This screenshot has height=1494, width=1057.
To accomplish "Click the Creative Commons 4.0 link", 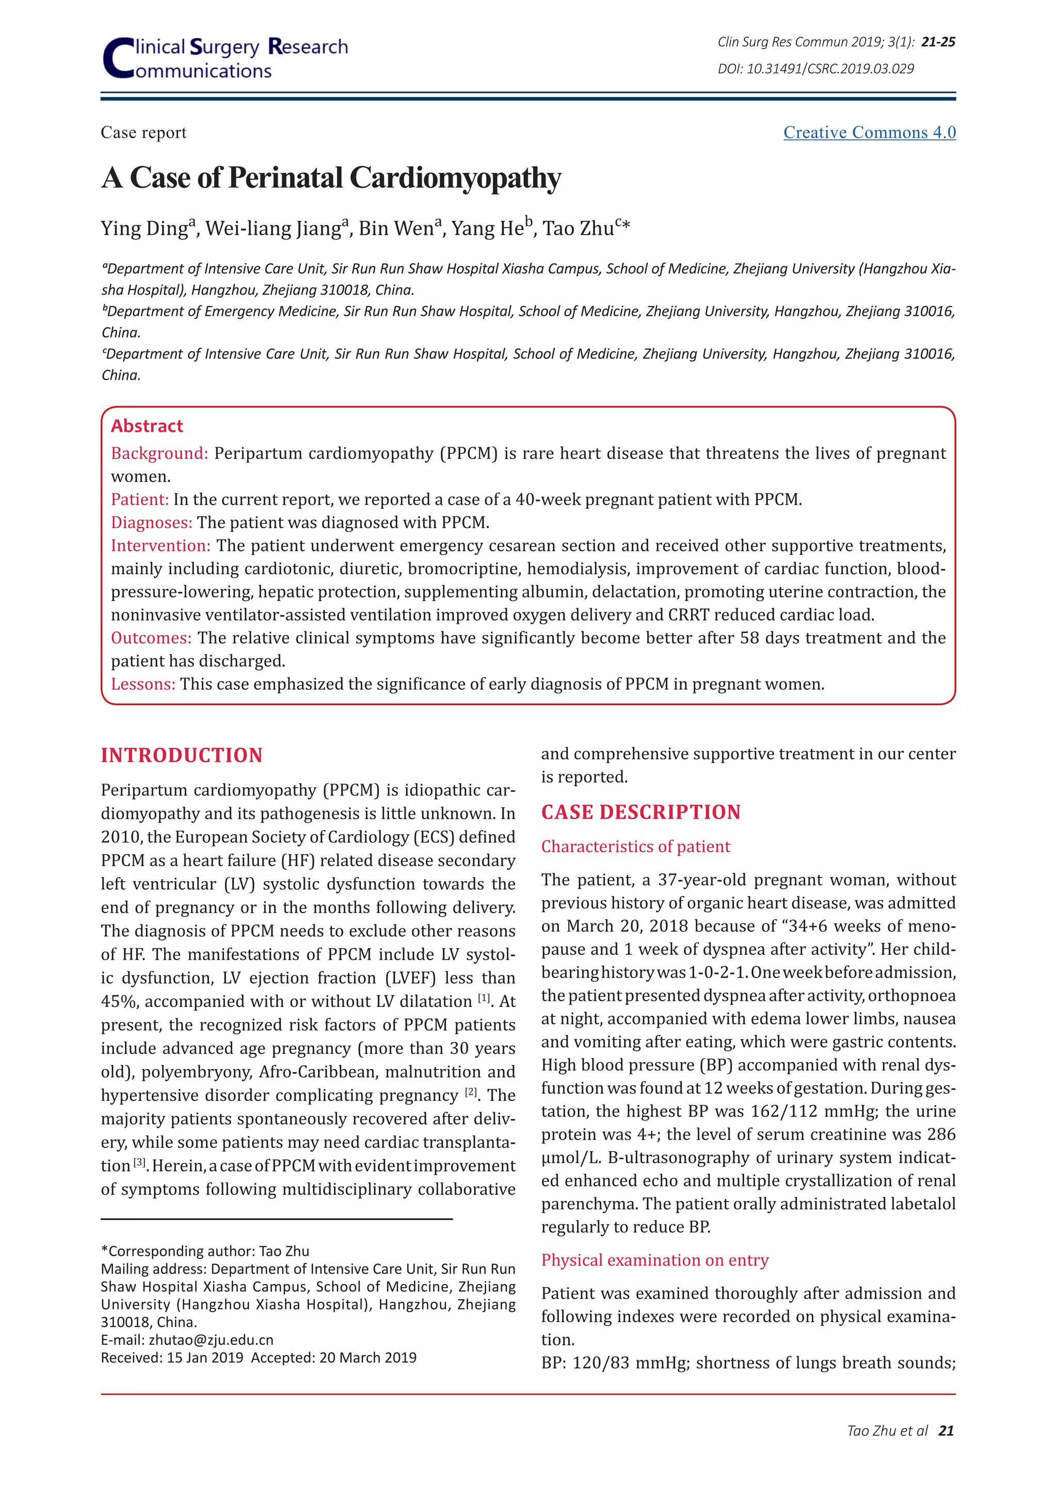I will tap(869, 133).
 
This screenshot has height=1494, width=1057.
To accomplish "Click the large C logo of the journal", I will tap(119, 59).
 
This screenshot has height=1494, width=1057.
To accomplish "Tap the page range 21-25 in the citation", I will tap(938, 42).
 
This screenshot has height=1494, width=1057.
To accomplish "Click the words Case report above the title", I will tap(143, 133).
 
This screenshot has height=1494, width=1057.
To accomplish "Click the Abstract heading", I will tap(147, 426).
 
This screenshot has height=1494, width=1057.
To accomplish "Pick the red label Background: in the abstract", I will tap(159, 453).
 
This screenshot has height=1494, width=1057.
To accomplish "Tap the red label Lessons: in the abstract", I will tap(143, 684).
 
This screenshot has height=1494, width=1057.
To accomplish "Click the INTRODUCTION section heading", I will tap(182, 755).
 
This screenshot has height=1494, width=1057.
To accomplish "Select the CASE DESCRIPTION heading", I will tap(640, 812).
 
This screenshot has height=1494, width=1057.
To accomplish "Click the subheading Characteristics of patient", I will tap(635, 847).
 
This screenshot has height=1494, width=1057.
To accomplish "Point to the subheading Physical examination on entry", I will tap(655, 1260).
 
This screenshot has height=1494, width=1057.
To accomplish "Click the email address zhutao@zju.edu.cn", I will tap(211, 1340).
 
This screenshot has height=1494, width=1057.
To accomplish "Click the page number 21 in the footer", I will tap(947, 1431).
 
